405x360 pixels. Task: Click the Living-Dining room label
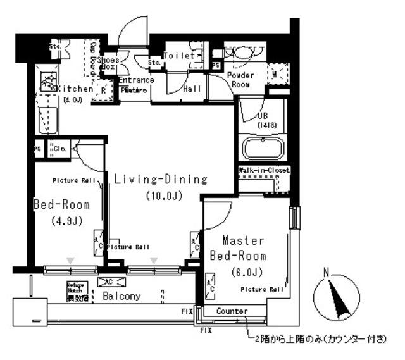[161, 180]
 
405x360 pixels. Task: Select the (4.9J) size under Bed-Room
[61, 221]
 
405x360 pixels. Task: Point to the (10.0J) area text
[163, 196]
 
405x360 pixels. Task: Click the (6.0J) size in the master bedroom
[244, 273]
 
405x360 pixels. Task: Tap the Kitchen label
[75, 89]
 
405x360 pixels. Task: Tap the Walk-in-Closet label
[265, 171]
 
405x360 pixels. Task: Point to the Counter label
[231, 311]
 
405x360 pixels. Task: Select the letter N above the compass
[327, 273]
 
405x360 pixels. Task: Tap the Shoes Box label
[109, 63]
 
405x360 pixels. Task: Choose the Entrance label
[135, 80]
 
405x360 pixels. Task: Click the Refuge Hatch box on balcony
[75, 290]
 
